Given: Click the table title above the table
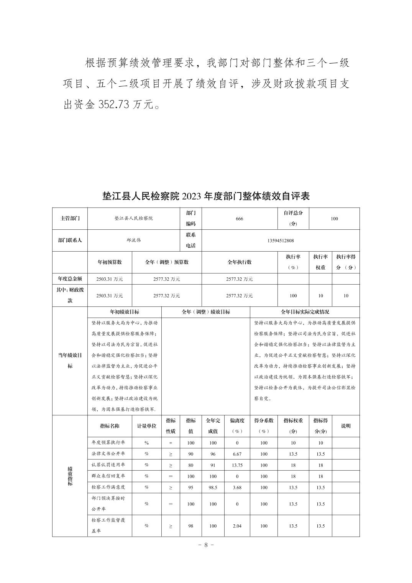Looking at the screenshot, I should point(206,196).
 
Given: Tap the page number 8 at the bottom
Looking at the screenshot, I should point(206,545).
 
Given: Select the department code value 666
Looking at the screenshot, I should point(240,219).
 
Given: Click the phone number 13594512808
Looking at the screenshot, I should point(281,240).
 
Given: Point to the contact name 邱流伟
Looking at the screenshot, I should point(134,240).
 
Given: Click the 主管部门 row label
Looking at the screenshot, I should point(70,219).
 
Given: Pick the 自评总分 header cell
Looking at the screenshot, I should point(293,218).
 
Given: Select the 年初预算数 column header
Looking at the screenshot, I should point(110,262).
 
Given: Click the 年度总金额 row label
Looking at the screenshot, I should point(70,279).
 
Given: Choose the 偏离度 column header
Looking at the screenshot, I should point(237,426).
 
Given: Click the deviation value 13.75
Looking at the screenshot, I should point(237,465).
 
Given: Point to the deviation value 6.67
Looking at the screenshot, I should point(237,454).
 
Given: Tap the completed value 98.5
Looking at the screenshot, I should point(213,487).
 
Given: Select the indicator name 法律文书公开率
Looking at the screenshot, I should point(108,454).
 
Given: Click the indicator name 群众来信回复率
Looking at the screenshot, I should point(108,476).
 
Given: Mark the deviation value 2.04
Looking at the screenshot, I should point(237,526).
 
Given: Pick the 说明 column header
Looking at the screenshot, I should point(346,426).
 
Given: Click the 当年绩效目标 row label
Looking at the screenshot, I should point(70,361).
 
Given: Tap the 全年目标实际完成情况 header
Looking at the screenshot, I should point(305,312).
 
